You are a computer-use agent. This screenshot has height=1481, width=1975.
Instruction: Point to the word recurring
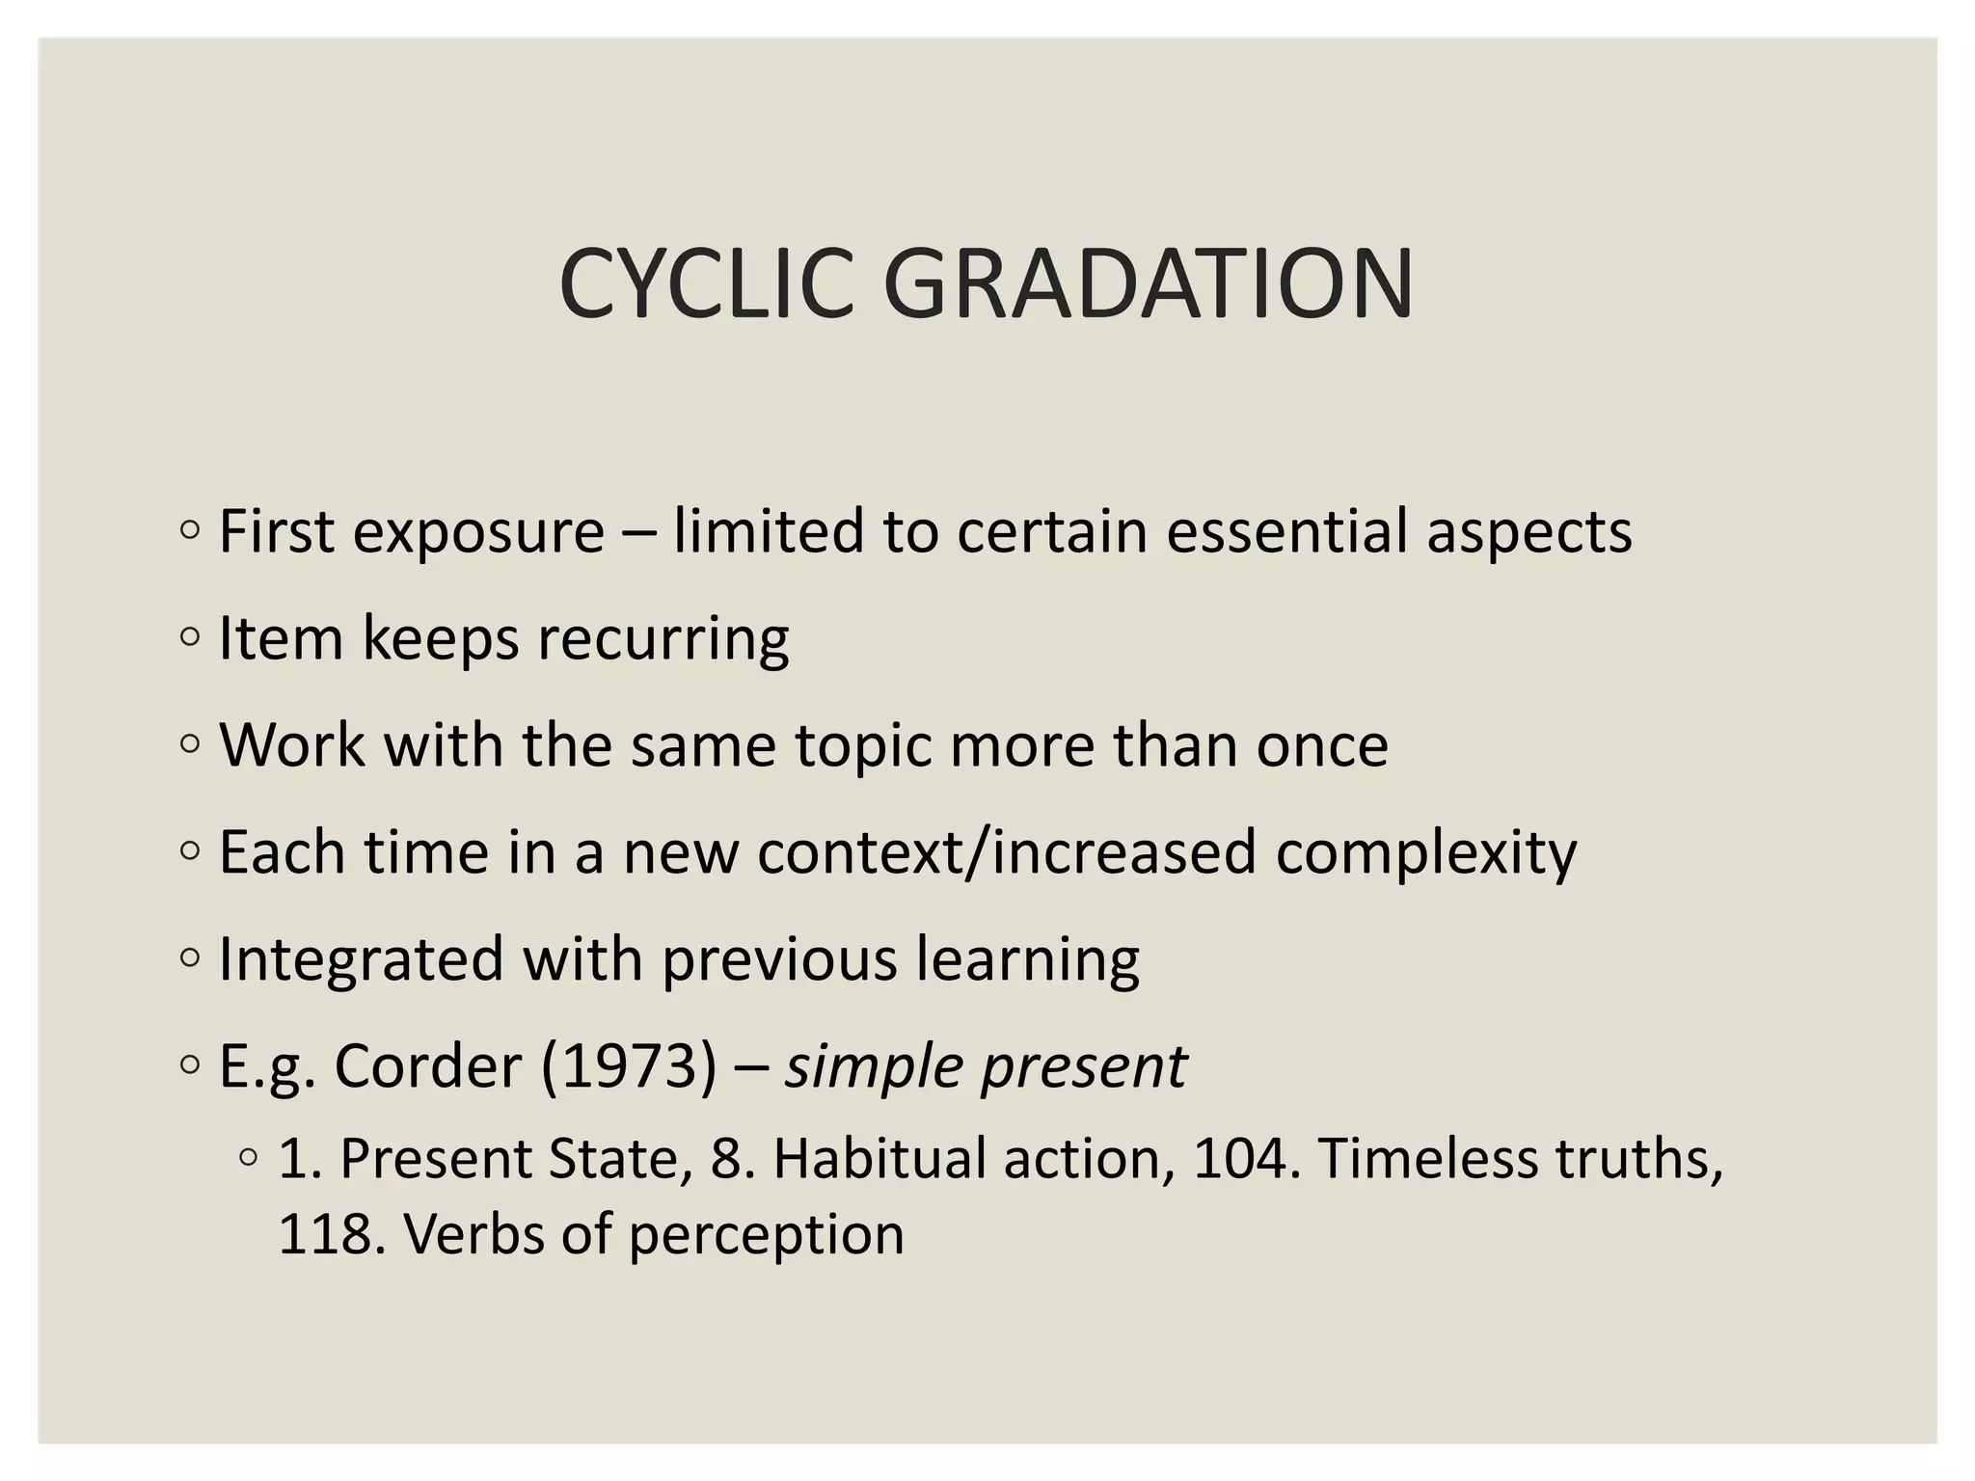point(663,639)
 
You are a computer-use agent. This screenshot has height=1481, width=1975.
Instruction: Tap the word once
point(1321,746)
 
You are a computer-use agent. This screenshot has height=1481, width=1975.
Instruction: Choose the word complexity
point(1426,853)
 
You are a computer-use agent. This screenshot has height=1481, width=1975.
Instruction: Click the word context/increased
point(1007,852)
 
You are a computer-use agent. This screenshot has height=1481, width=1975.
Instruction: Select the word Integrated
point(362,960)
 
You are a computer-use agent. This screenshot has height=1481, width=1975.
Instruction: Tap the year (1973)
point(629,1066)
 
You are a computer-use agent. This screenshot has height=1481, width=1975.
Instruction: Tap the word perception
point(767,1235)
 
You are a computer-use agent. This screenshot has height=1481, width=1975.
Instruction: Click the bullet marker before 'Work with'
point(190,744)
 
